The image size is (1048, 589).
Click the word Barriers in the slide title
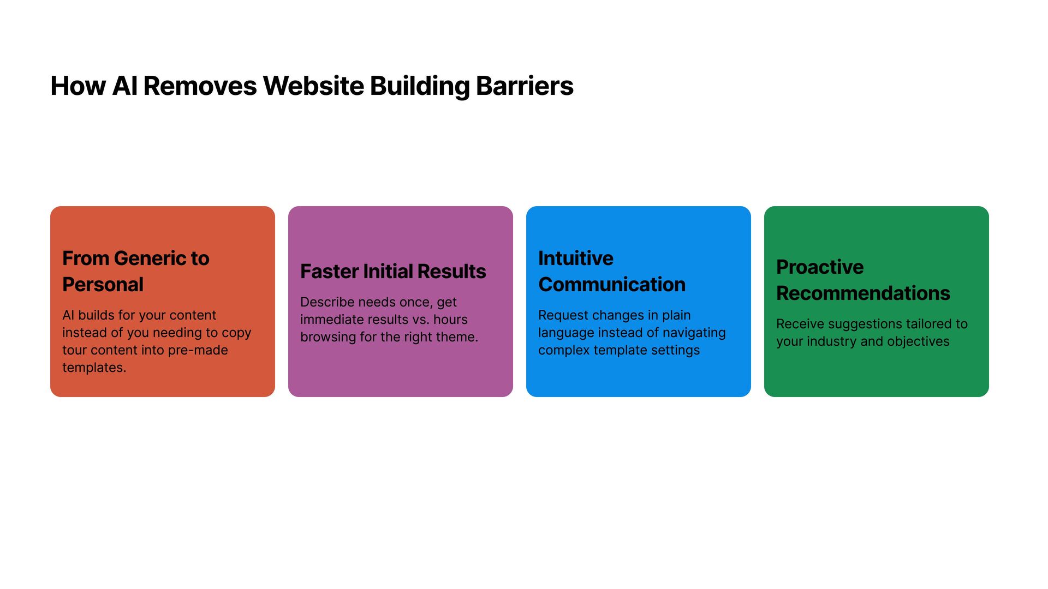tap(524, 86)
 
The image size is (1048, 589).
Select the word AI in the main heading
tap(124, 86)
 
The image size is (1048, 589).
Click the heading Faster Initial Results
tap(393, 272)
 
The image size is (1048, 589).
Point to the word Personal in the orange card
tap(103, 285)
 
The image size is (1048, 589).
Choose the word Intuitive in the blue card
tap(575, 259)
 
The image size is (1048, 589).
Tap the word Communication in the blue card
tap(611, 285)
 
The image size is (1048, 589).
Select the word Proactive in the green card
tap(819, 267)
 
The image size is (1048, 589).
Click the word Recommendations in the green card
tap(863, 293)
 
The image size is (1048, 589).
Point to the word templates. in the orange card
tap(94, 368)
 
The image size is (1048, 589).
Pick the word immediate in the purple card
tap(331, 320)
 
